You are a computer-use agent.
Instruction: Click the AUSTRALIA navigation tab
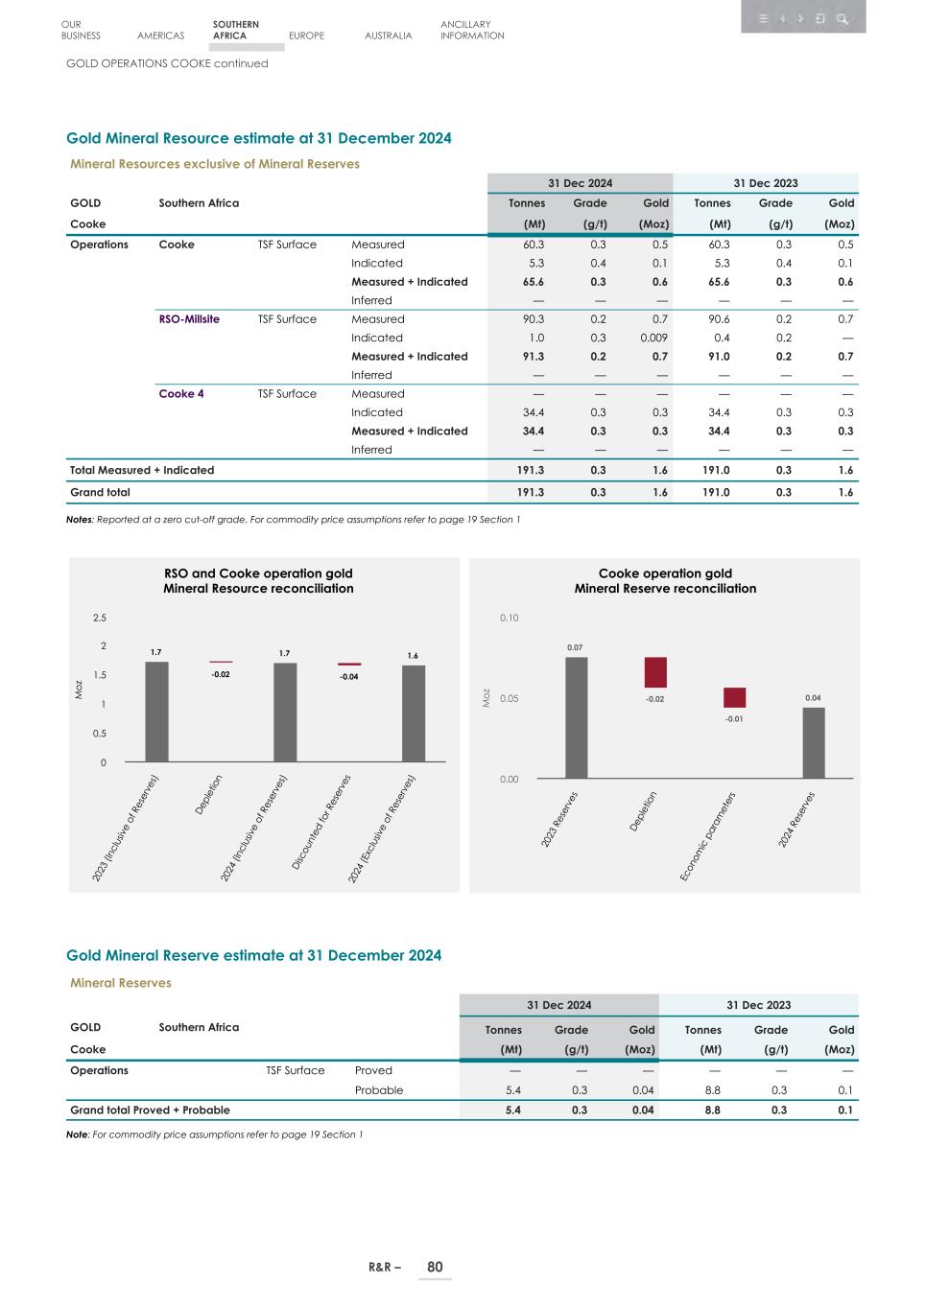(388, 35)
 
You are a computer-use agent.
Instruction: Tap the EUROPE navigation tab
(306, 35)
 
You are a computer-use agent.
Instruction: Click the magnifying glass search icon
(842, 18)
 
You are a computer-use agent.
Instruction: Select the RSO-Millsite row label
(189, 319)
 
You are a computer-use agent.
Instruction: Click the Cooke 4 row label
(180, 394)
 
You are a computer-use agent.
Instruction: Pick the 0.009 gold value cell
(653, 338)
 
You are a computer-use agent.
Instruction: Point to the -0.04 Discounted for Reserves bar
(349, 664)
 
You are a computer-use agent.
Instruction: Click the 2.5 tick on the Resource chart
(100, 619)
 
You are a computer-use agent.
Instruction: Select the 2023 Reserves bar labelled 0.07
(576, 716)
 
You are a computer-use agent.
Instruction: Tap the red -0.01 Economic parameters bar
(734, 697)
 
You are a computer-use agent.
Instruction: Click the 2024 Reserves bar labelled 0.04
(813, 742)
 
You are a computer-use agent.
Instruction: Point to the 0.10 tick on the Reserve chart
(509, 619)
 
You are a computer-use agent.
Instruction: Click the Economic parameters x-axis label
(708, 835)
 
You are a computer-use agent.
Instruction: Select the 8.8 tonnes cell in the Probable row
(712, 1090)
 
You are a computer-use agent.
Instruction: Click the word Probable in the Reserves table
(379, 1090)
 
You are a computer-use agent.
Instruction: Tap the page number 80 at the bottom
(435, 1267)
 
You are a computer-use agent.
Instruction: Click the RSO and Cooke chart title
(258, 581)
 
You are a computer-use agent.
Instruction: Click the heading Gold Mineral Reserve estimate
(253, 955)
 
